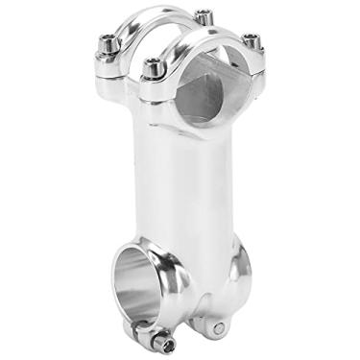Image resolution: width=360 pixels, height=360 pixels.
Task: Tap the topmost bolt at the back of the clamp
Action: pos(204,16)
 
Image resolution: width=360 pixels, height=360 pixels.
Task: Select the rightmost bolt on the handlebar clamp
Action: pos(251,40)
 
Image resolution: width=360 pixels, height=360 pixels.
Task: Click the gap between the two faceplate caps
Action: pos(178,38)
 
